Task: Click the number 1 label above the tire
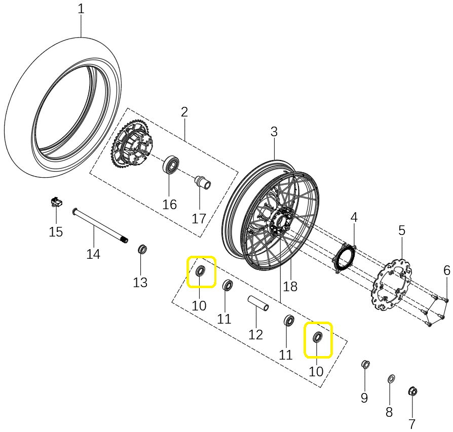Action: (81, 9)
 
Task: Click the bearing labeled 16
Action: (171, 165)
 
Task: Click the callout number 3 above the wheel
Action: (274, 132)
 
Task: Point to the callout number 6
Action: (446, 270)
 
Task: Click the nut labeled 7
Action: (412, 391)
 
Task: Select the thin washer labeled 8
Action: (391, 379)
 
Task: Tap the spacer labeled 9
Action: (365, 364)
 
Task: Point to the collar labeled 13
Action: (143, 250)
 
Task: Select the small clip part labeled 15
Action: (56, 203)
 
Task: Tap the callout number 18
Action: (290, 286)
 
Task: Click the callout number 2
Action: (184, 111)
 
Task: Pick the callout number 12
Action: (256, 334)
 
